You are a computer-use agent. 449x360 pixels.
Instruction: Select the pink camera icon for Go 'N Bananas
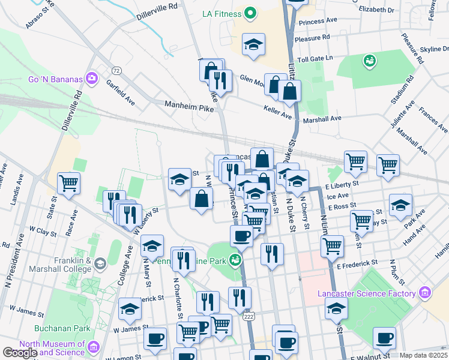pos(91,78)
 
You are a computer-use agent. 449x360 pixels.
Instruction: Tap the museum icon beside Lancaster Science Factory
pos(425,293)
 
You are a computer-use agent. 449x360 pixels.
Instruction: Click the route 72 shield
pos(116,71)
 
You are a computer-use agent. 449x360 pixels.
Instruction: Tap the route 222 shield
pos(249,315)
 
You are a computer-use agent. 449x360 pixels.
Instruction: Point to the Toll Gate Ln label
pos(331,59)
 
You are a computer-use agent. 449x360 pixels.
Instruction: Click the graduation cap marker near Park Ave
pos(400,205)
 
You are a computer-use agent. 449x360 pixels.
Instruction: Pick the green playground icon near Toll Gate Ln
pos(369,61)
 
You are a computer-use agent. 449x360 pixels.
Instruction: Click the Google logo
pos(20,353)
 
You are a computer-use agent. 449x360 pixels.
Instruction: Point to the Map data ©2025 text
pos(424,355)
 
